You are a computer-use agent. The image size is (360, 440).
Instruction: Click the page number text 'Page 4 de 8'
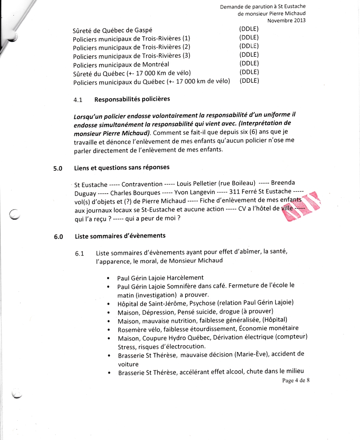click(296, 380)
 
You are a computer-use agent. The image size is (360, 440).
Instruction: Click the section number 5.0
click(58, 168)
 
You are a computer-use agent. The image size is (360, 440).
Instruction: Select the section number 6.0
click(58, 237)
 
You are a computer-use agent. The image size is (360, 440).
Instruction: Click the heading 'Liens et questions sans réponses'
click(122, 168)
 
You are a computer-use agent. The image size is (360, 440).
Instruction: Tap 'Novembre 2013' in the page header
click(286, 20)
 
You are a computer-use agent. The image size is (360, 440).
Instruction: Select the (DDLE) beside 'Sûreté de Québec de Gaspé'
click(249, 29)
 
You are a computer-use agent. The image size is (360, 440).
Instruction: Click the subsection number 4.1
click(78, 100)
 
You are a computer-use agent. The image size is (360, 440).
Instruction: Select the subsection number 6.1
click(79, 254)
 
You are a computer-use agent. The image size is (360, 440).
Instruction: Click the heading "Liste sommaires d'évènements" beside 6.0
click(120, 236)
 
